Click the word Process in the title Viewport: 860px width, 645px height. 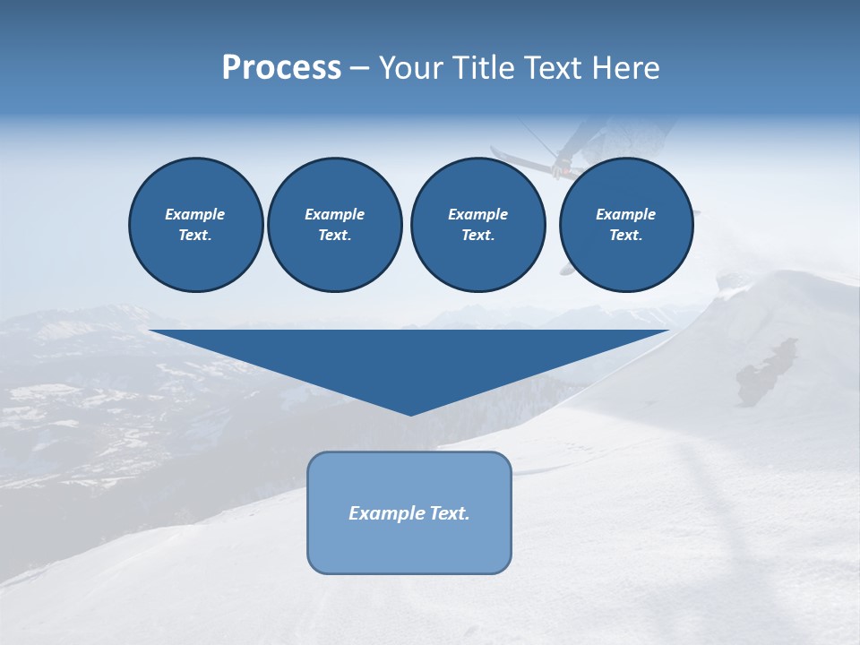pos(281,68)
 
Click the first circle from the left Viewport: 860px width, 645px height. pos(195,224)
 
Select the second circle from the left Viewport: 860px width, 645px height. pos(334,224)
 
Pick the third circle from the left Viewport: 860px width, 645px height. pos(477,224)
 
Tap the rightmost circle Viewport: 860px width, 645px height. pos(625,224)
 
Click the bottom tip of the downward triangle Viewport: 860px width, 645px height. pos(410,414)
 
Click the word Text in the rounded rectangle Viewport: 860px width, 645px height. pos(450,513)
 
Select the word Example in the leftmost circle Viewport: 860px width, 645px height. pos(195,214)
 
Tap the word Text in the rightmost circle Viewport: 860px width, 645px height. pos(625,236)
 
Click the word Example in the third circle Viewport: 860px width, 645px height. pos(477,214)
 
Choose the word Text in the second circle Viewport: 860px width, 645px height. pos(334,236)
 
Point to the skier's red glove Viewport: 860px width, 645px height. pos(563,165)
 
